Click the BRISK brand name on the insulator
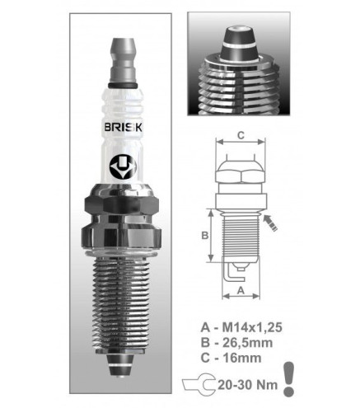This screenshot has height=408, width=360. tap(124, 127)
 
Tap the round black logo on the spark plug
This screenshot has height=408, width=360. tap(123, 167)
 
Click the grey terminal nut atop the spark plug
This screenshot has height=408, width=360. tap(123, 61)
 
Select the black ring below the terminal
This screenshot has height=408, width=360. tap(123, 85)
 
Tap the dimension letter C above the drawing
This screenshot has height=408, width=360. tap(241, 135)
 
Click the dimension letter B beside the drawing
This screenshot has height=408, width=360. tap(205, 236)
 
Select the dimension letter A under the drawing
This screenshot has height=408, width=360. tap(241, 290)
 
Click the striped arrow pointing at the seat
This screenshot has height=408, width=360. tap(270, 223)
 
